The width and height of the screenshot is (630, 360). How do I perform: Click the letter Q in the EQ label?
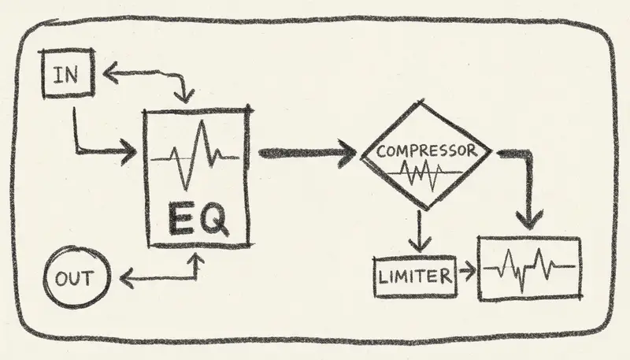coord(214,218)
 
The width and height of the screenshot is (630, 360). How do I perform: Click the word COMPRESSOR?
coord(426,150)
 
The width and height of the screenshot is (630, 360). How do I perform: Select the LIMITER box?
coord(414,276)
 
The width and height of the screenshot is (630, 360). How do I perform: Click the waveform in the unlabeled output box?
coord(529,269)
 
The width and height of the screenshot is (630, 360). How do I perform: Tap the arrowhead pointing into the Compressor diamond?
coord(348,152)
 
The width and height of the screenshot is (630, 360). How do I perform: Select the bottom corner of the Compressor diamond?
coord(426,209)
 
